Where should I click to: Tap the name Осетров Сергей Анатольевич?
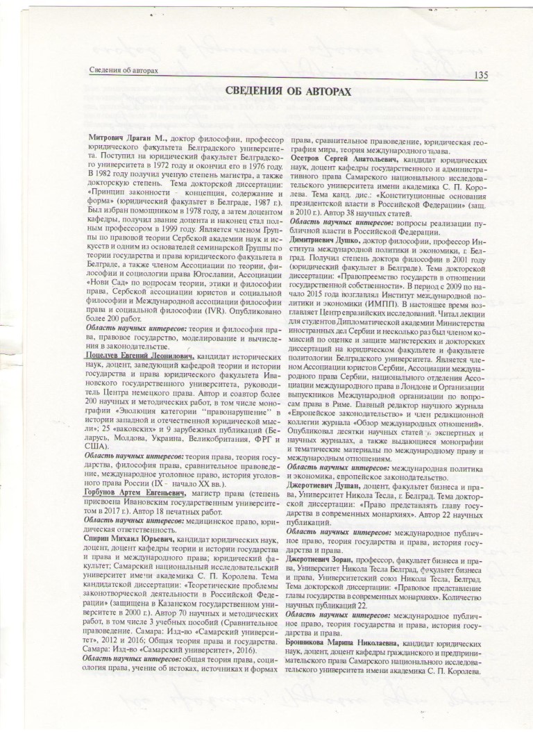(x=344, y=158)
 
